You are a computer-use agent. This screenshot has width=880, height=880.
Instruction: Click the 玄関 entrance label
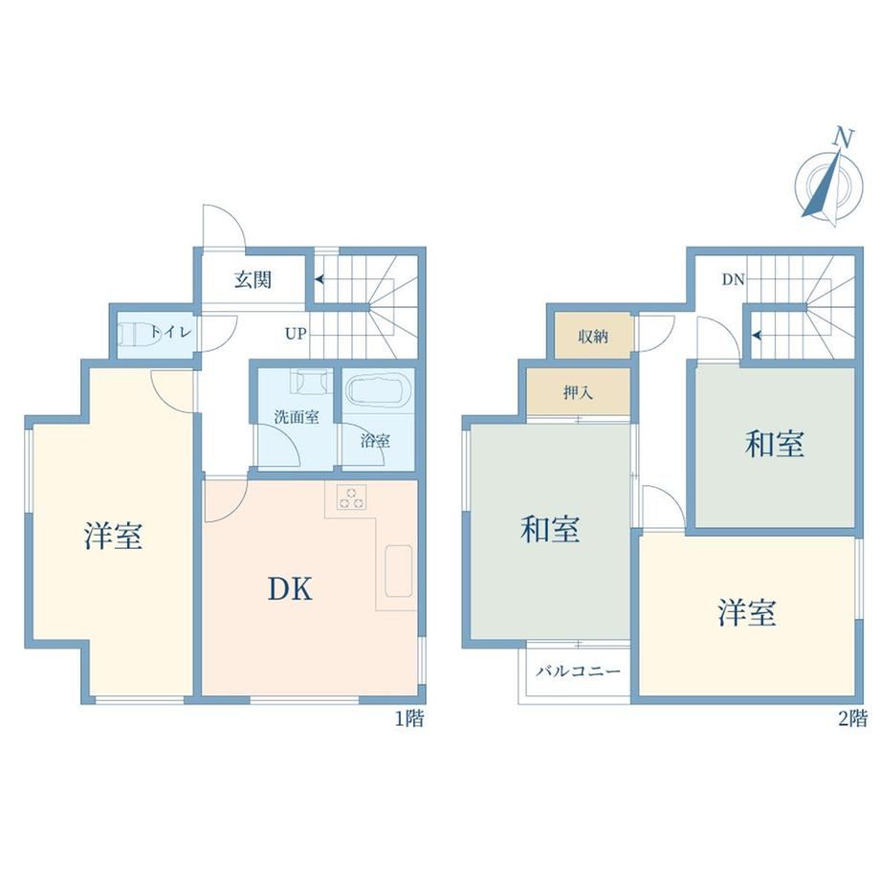tap(253, 279)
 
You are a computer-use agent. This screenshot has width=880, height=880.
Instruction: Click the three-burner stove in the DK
tap(351, 497)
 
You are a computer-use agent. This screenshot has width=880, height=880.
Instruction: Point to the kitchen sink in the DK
tap(399, 570)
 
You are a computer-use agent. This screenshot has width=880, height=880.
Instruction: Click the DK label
tap(290, 589)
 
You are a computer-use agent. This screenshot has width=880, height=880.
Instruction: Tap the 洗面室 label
tap(297, 417)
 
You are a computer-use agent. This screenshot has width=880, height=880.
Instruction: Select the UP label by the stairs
tap(296, 334)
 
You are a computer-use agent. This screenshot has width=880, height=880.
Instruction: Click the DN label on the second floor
tap(733, 279)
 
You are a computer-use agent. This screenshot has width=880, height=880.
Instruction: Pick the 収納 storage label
tap(593, 337)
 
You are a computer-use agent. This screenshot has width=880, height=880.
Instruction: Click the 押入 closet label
tap(578, 392)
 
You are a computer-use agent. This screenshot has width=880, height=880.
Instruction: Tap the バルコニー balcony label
tap(578, 671)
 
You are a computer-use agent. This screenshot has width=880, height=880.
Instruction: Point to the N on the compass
tap(843, 137)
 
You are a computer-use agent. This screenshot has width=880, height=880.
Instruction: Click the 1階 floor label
tap(409, 718)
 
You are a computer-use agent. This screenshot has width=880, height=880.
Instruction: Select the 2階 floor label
tap(852, 718)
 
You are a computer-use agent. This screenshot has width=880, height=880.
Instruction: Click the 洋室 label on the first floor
tap(114, 535)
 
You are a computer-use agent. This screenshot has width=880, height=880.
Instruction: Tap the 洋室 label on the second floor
tap(747, 612)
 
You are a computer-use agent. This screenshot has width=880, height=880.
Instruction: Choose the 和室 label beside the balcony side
tap(550, 529)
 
